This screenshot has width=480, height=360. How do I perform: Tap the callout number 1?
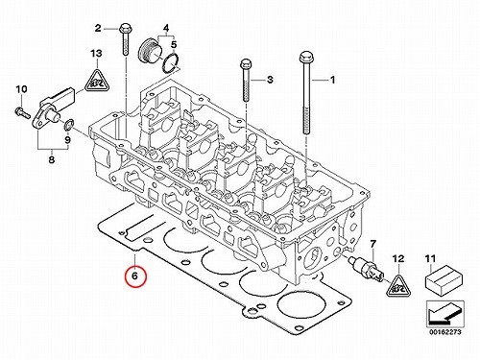(332, 80)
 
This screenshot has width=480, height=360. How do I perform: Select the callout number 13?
(96, 53)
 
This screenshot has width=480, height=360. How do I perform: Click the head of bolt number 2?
(125, 29)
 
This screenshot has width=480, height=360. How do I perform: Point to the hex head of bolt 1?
(305, 58)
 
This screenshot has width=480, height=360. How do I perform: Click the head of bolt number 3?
(246, 64)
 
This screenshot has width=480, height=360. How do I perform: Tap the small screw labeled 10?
(22, 112)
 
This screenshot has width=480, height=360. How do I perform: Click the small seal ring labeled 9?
(69, 126)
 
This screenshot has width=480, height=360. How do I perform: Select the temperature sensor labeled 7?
(366, 267)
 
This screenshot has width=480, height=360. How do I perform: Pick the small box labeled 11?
(443, 280)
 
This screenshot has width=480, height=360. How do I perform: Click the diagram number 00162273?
(445, 332)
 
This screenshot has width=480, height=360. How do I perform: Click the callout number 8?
(52, 159)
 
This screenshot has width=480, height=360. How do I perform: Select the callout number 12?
(398, 258)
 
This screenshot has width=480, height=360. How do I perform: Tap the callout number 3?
(270, 79)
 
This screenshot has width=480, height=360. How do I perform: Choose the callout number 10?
(21, 89)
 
